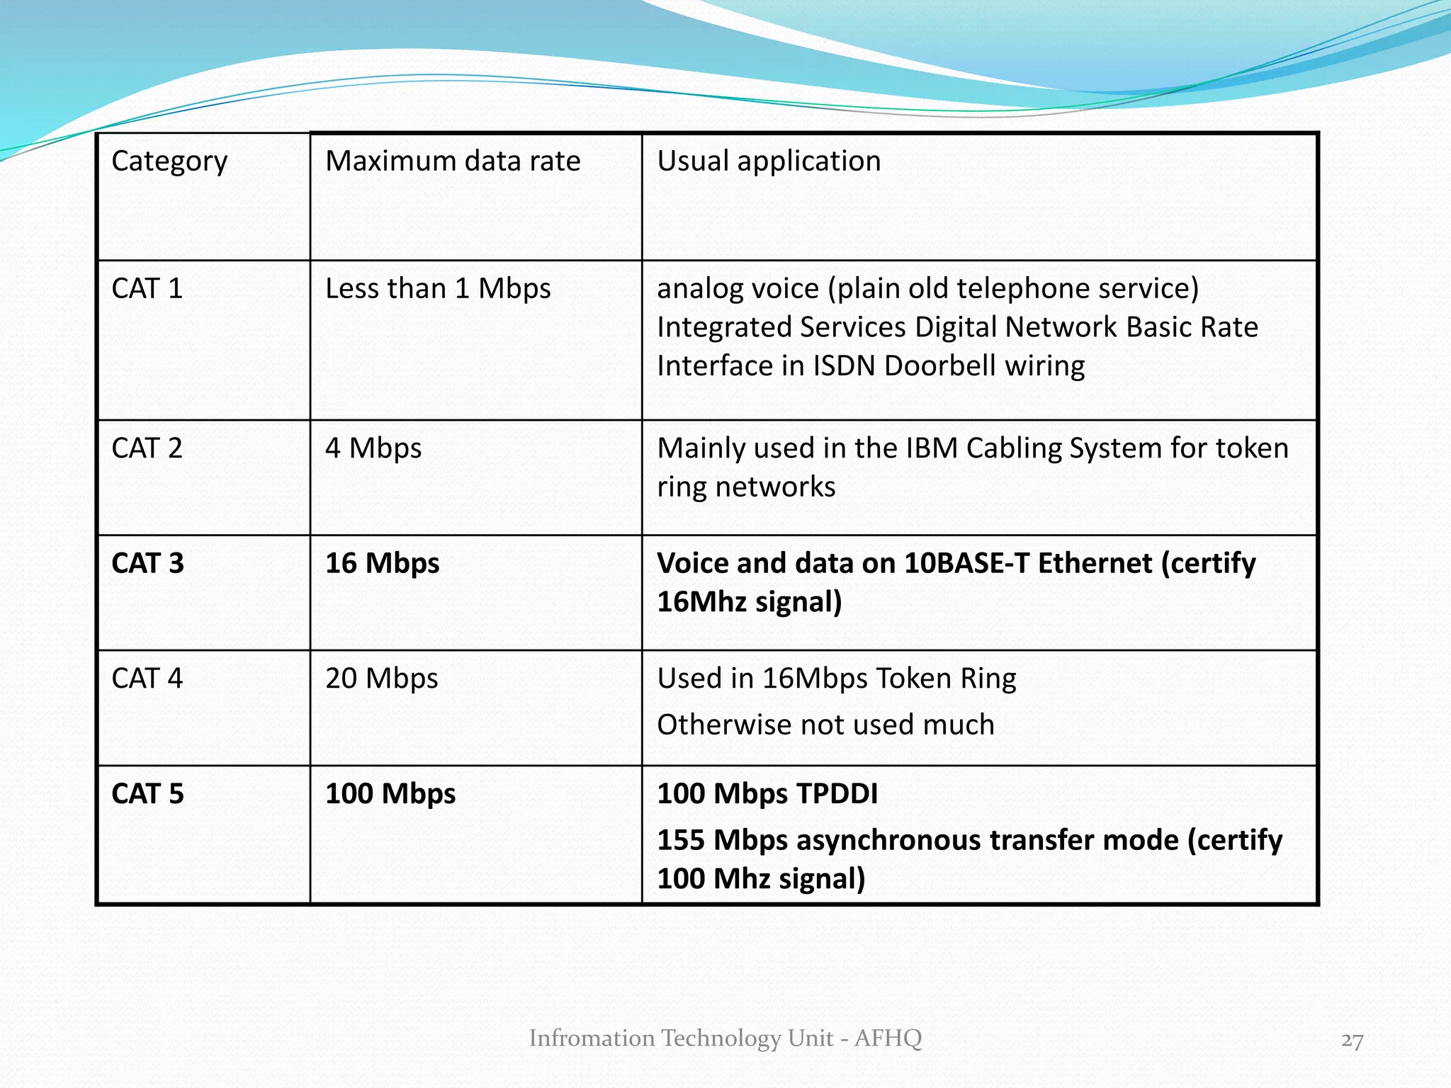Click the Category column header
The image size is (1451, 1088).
(169, 161)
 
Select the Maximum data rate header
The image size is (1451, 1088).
(453, 161)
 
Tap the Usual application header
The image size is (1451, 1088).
(769, 161)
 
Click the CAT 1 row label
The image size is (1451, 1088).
(147, 289)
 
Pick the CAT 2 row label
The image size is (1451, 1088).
(147, 448)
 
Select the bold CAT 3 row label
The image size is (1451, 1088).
(147, 563)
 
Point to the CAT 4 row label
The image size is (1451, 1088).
(147, 679)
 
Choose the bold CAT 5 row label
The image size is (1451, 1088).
(147, 794)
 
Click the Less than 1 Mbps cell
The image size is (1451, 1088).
(438, 289)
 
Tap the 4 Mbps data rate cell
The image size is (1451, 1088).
(373, 448)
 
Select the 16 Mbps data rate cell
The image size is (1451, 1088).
(383, 563)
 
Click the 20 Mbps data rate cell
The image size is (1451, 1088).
(382, 679)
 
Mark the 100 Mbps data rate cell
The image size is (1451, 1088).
(390, 794)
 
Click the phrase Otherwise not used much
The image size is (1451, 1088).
(825, 725)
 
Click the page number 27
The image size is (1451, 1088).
(1352, 1041)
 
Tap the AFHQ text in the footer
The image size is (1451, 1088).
(888, 1038)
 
